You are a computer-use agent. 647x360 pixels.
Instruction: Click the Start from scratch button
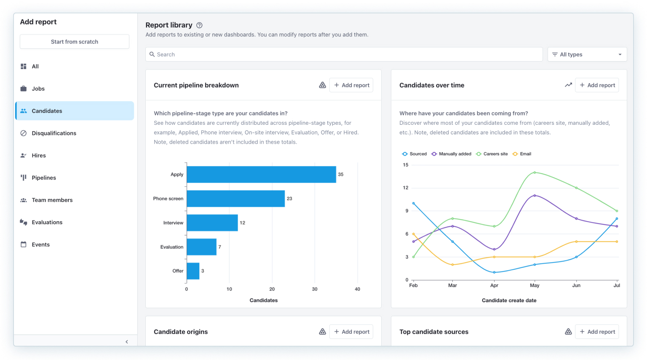(x=75, y=42)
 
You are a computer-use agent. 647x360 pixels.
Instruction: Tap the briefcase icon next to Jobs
(x=24, y=89)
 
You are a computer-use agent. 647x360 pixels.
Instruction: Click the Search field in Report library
(x=344, y=54)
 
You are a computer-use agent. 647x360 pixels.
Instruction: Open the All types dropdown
(x=587, y=54)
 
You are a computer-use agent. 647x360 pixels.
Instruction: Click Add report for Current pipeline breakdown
(x=351, y=85)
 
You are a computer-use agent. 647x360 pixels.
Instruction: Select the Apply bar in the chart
(x=262, y=175)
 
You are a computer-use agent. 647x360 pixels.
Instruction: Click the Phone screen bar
(x=236, y=199)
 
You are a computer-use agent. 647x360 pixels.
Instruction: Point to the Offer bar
(x=193, y=271)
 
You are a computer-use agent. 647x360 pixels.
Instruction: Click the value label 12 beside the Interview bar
(x=242, y=223)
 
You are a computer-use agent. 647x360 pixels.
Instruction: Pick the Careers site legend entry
(x=492, y=154)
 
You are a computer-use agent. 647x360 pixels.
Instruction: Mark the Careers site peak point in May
(x=535, y=173)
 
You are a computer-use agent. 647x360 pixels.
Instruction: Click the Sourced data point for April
(x=494, y=272)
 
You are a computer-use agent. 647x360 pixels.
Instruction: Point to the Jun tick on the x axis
(x=576, y=285)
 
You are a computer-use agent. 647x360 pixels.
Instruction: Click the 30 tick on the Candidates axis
(x=315, y=289)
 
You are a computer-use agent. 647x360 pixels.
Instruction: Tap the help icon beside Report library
(x=199, y=25)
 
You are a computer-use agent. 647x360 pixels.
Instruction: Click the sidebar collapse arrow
(x=127, y=342)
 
